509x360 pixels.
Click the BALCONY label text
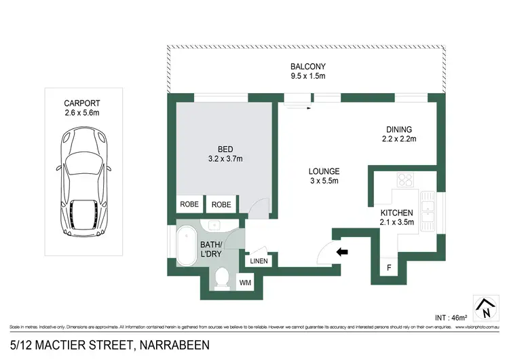pyautogui.click(x=308, y=66)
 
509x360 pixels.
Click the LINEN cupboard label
pyautogui.click(x=259, y=261)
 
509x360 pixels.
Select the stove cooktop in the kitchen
pyautogui.click(x=406, y=180)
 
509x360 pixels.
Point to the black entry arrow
pyautogui.click(x=343, y=252)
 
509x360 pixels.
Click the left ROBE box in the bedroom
pyautogui.click(x=189, y=204)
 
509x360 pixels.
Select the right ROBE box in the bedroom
pyautogui.click(x=221, y=204)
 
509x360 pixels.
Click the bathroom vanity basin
pyautogui.click(x=212, y=226)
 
